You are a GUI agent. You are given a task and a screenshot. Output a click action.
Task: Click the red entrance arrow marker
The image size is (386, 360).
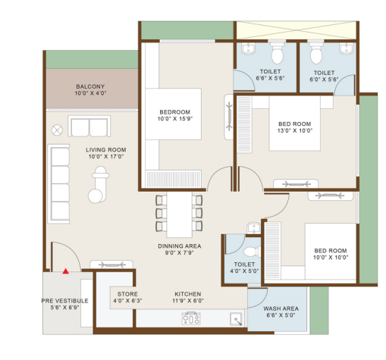(66, 271)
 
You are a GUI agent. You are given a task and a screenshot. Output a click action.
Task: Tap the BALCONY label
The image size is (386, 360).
(90, 86)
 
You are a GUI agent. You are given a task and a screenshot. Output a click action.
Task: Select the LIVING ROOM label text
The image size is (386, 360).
(106, 150)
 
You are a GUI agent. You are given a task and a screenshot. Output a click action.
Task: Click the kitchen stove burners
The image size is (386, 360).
(191, 318)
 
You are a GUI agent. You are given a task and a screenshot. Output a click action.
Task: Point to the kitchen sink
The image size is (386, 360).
(236, 319)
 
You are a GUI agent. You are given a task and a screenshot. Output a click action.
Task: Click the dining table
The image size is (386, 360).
(179, 214)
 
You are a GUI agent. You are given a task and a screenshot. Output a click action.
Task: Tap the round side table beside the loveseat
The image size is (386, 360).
(57, 130)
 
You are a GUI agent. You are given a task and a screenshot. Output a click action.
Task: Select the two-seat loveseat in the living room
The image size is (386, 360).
(89, 126)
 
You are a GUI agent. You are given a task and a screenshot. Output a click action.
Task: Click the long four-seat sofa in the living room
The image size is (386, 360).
(58, 184)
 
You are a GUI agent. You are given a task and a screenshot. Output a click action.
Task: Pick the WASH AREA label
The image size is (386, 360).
(281, 308)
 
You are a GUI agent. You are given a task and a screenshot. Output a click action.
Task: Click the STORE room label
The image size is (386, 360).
(127, 294)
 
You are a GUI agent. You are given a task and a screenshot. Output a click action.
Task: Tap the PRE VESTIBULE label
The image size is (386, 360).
(65, 301)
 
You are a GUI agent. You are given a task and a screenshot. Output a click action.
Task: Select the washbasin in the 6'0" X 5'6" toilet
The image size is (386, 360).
(347, 49)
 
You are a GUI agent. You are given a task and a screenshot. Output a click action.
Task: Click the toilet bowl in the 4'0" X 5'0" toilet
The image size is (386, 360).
(251, 252)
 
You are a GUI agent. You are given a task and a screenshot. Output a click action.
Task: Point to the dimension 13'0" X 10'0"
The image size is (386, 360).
(295, 130)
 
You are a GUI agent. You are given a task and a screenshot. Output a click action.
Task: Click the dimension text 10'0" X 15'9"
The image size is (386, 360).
(175, 119)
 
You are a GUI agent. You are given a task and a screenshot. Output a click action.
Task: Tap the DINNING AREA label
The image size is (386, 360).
(180, 246)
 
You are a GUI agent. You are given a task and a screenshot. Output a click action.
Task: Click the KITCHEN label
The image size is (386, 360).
(188, 294)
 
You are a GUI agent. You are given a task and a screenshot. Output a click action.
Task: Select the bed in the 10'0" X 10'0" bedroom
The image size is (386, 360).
(331, 251)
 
